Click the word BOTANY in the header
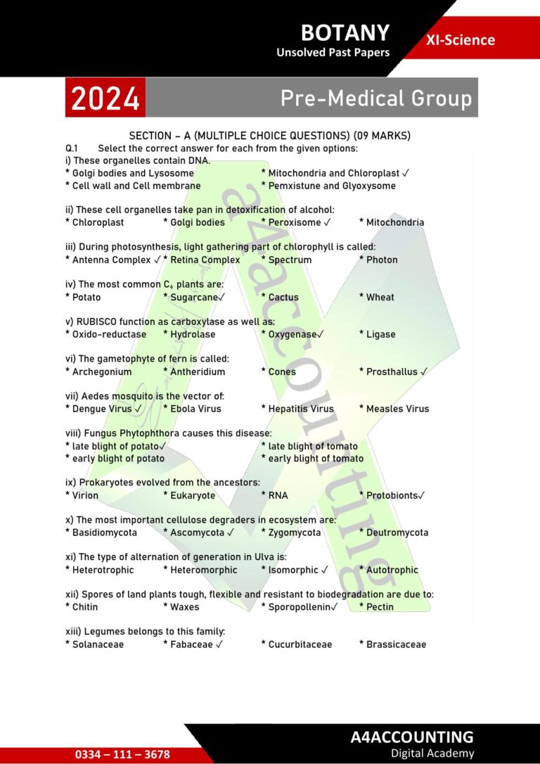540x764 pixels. coord(344,32)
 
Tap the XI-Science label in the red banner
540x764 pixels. coord(460,40)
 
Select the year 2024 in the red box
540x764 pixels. coord(105,98)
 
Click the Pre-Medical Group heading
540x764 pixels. coord(375,98)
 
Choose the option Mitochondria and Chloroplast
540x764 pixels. coord(333,173)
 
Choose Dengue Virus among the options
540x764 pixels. coord(102,409)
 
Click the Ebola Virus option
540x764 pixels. coord(195,409)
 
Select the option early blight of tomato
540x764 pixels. coord(316,459)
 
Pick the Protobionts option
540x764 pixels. coord(394,495)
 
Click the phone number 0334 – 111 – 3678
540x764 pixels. coord(122,754)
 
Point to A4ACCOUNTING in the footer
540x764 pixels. coord(412,737)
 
